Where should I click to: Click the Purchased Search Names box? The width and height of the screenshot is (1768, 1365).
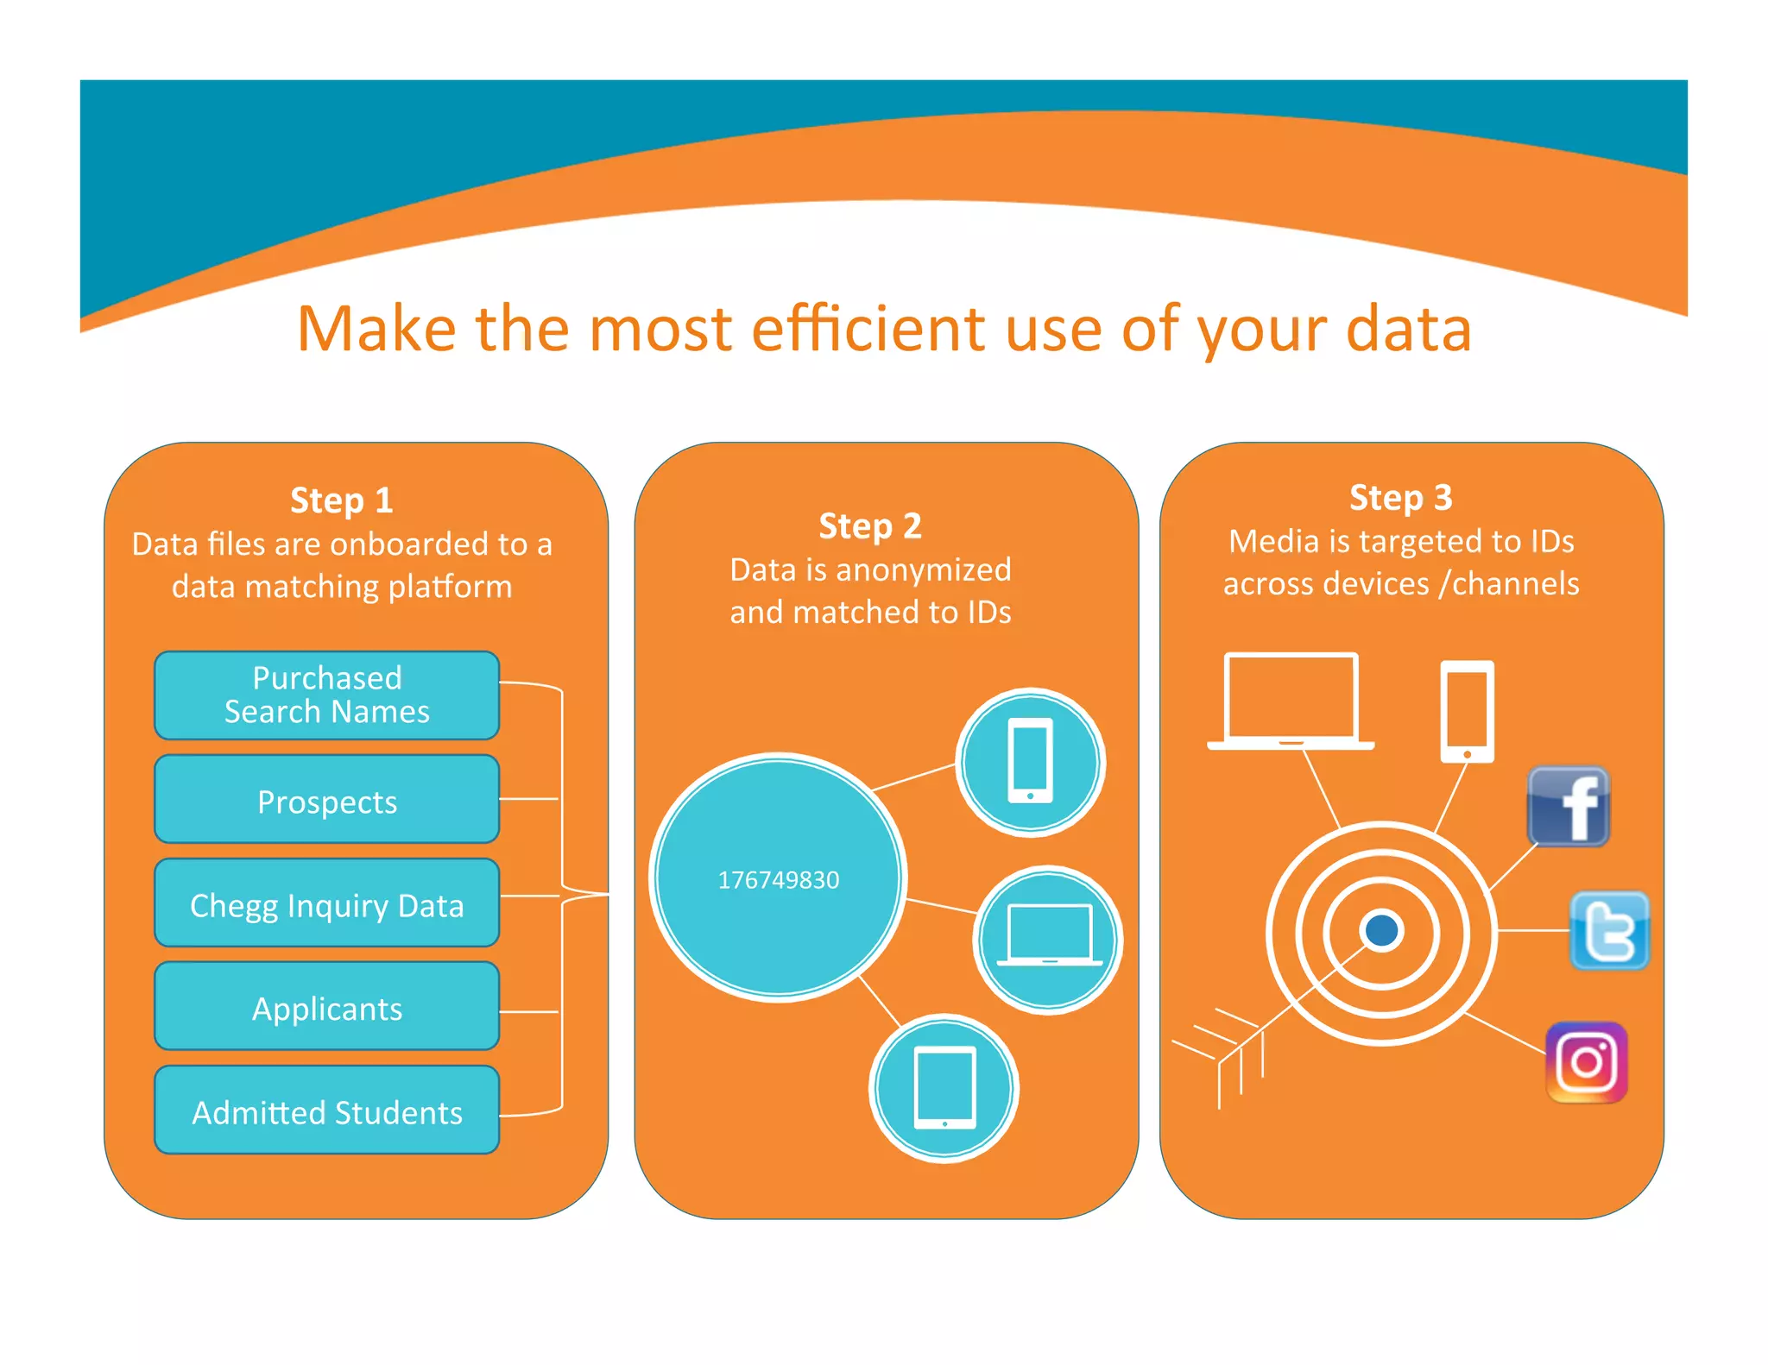326,695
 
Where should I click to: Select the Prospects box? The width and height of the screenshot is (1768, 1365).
326,800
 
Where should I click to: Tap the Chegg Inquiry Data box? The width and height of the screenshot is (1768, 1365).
326,903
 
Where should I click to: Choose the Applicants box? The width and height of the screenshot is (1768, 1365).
326,1007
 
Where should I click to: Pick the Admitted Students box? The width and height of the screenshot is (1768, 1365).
326,1110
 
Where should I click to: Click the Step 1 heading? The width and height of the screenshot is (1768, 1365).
342,500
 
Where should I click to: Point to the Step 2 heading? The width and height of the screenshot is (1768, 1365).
870,526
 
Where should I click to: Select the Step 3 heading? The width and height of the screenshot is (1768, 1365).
1400,498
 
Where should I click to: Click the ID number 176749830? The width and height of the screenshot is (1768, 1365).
778,879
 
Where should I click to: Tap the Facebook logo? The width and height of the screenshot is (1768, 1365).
1568,806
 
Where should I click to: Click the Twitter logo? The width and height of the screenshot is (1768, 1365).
1608,930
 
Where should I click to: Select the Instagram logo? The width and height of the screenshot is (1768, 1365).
1587,1062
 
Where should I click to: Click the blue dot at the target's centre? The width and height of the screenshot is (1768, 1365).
1381,930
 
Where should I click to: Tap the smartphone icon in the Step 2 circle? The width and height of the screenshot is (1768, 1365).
1030,761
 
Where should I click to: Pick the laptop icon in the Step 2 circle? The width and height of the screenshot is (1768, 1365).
1048,937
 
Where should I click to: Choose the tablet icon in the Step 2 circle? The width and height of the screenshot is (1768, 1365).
944,1087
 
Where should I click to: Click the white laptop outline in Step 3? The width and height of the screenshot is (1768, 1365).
1291,701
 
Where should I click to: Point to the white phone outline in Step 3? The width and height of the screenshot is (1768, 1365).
1467,711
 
